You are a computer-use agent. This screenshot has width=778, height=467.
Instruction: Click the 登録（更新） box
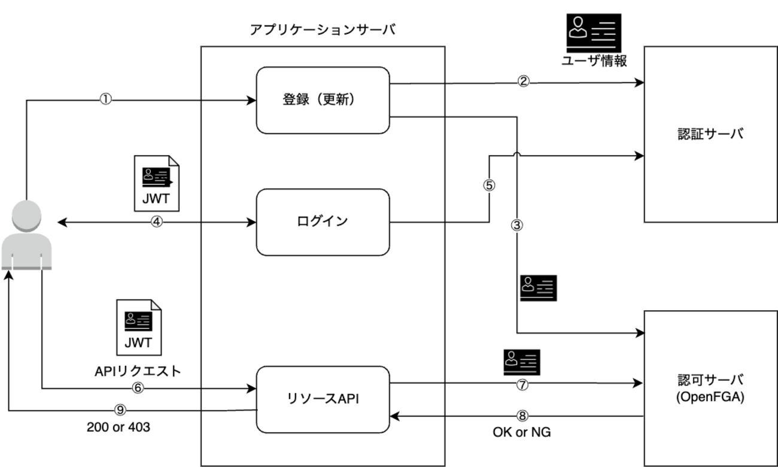pos(323,100)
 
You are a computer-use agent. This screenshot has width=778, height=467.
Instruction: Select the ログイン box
pos(323,222)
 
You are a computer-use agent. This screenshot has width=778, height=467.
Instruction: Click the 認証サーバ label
pos(711,134)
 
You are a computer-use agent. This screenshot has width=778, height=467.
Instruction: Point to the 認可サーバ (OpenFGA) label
pos(711,389)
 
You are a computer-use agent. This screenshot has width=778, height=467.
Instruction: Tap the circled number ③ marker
pos(518,226)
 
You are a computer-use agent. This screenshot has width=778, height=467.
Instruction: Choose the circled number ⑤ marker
pos(489,185)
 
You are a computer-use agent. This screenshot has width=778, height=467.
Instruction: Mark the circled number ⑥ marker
pos(137,388)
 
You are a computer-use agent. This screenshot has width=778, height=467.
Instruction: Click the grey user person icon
pos(26,234)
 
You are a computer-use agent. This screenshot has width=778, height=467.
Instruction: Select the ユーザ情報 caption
pos(594,60)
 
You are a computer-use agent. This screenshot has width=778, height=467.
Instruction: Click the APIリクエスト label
pos(137,371)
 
